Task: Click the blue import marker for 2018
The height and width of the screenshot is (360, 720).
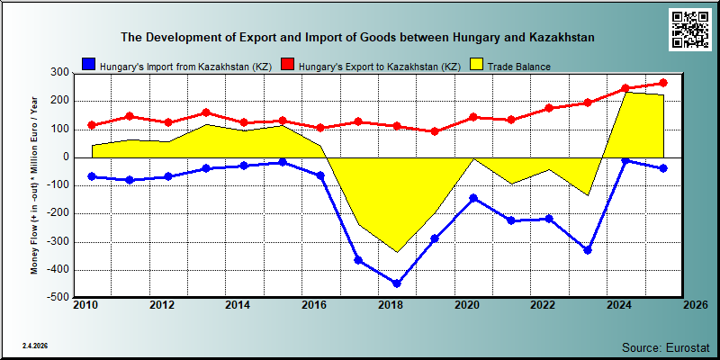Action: (396, 283)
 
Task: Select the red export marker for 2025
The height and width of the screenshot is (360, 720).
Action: (663, 83)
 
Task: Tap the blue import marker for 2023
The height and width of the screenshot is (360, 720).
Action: (587, 250)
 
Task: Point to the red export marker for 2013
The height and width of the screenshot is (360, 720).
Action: (206, 112)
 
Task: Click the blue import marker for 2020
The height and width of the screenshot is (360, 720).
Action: (473, 198)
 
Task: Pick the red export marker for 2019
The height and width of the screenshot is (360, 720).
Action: (435, 131)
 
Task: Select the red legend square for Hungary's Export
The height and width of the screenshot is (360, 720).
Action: (287, 64)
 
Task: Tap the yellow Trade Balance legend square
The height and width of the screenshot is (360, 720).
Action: (477, 64)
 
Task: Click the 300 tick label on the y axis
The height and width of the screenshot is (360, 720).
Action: (60, 73)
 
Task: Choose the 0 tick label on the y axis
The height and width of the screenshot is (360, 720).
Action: (65, 157)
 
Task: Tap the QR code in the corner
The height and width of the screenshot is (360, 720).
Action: (689, 29)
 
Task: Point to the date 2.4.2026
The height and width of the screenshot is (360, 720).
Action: (35, 346)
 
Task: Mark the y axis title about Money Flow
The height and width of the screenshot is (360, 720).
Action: (34, 184)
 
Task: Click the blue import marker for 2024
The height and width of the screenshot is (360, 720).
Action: (625, 160)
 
